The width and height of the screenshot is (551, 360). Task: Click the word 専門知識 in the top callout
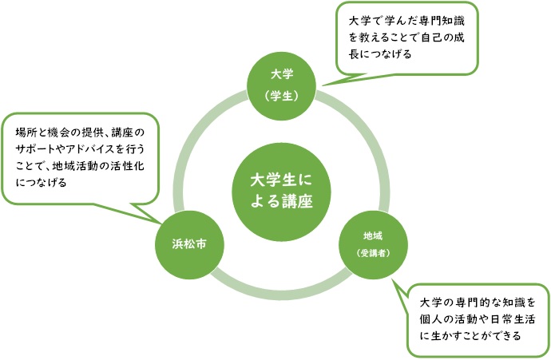pos(446,20)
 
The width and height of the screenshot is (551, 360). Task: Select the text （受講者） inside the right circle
pos(373,253)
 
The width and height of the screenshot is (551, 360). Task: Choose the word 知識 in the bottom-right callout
pos(502,303)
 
